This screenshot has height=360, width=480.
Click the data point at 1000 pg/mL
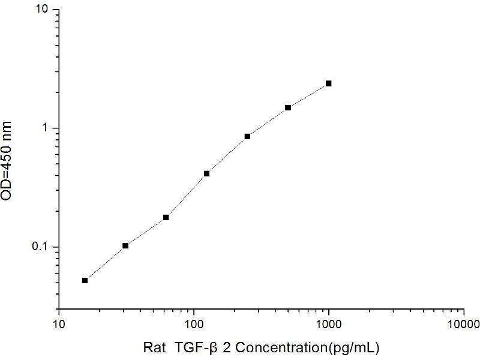[329, 83]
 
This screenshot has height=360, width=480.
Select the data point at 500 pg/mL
[288, 107]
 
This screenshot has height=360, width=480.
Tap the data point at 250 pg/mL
[247, 136]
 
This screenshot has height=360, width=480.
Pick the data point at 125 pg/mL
[206, 173]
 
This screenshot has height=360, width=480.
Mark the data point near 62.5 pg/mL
[166, 217]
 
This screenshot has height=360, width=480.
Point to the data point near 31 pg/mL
[125, 245]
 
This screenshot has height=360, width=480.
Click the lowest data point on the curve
[85, 280]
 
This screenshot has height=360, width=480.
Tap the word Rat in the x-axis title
[154, 347]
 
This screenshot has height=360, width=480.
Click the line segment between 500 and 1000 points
[308, 95]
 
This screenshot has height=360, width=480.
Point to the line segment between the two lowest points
[105, 263]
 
